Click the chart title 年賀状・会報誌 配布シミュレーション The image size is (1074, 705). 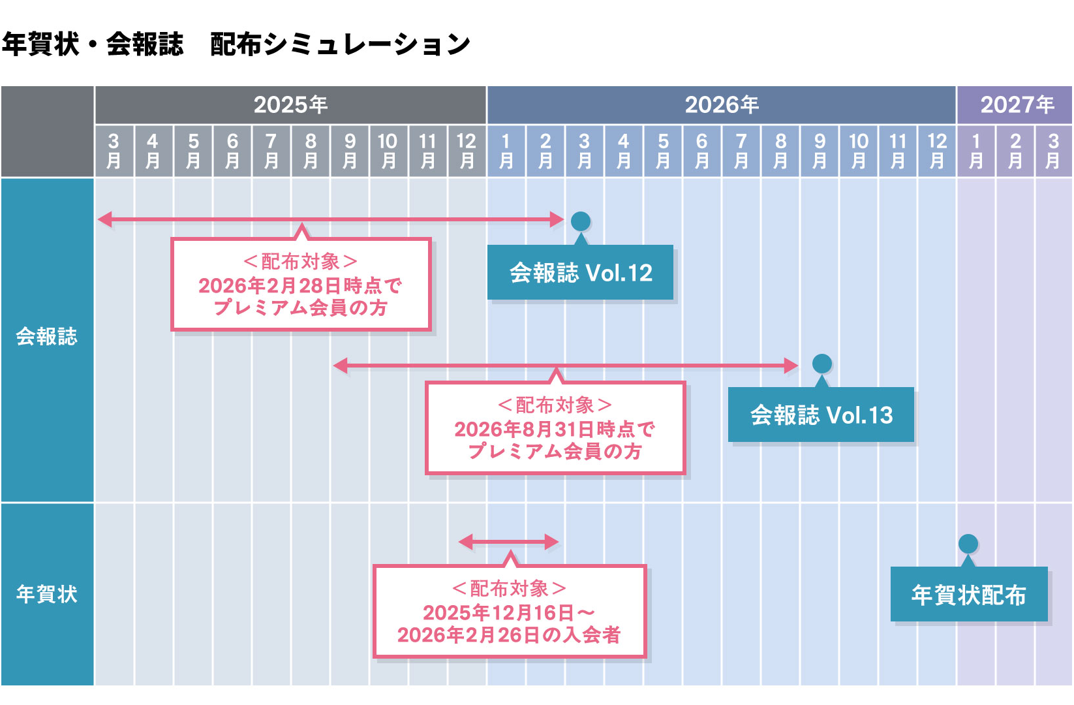click(x=236, y=44)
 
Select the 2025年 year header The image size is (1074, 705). click(x=290, y=104)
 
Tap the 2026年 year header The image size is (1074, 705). click(x=721, y=104)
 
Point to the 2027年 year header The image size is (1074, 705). click(x=1016, y=104)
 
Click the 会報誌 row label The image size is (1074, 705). click(x=47, y=337)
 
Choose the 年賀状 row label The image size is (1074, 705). click(x=47, y=594)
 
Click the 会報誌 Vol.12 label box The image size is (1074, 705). click(x=580, y=272)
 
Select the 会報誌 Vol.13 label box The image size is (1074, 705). click(x=821, y=415)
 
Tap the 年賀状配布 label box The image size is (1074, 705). click(x=969, y=595)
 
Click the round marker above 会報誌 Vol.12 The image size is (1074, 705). click(x=581, y=221)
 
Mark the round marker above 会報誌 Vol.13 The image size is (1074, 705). click(x=821, y=364)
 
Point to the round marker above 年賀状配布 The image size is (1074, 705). click(x=968, y=544)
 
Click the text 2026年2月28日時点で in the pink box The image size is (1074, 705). click(x=300, y=285)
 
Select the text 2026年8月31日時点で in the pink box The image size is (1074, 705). click(x=555, y=429)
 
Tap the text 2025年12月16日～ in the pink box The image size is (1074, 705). click(x=509, y=612)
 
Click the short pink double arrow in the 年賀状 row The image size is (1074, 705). click(x=508, y=542)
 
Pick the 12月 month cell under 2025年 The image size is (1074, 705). click(x=467, y=151)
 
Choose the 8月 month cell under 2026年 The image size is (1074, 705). click(x=780, y=151)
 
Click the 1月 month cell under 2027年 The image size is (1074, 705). click(x=976, y=151)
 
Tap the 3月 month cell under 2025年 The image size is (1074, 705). click(x=114, y=151)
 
